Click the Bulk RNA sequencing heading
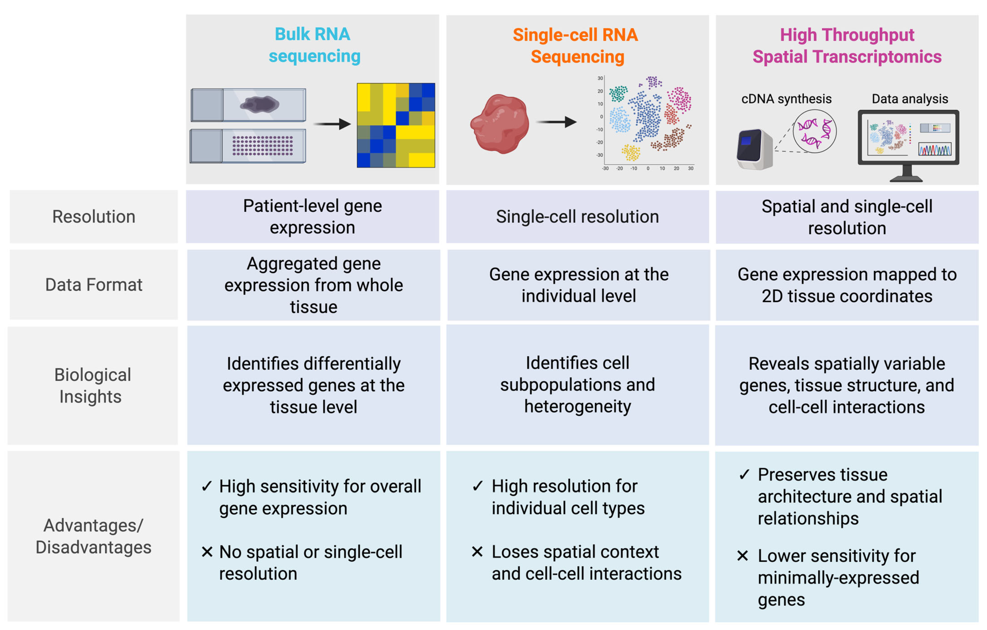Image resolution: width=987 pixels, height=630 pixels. [x=314, y=45]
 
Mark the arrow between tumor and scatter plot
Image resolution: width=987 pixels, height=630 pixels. [x=556, y=122]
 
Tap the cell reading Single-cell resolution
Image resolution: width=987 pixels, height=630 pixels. [x=577, y=217]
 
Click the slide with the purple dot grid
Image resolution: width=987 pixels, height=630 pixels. [x=248, y=146]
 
